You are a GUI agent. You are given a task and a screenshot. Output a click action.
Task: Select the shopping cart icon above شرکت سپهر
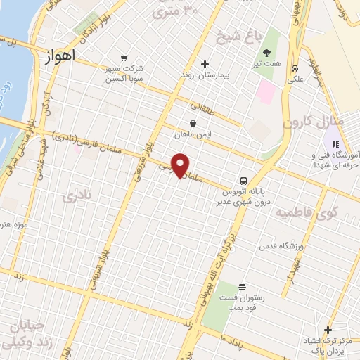click(124, 58)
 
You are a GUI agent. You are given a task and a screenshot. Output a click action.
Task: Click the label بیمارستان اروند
click(205, 75)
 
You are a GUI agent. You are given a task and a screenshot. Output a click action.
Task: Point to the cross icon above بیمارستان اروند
click(205, 64)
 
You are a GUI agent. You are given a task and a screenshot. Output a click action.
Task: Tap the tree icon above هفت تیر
click(268, 53)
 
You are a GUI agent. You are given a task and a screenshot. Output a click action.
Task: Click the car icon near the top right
click(295, 68)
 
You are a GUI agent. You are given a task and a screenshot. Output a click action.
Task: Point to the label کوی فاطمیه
click(307, 211)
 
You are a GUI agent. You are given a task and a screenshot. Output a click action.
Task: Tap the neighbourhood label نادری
click(77, 198)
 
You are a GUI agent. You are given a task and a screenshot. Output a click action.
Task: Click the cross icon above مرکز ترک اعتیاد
click(328, 330)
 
